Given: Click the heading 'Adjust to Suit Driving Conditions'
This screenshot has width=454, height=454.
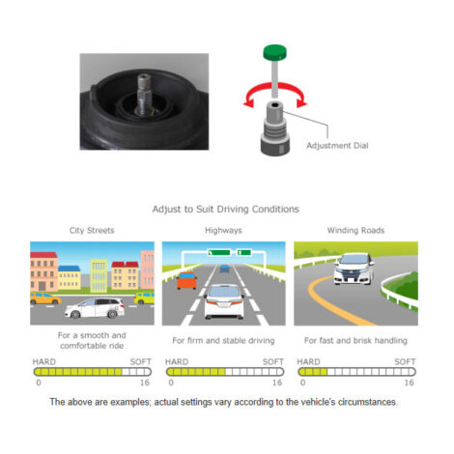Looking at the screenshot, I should point(226,209).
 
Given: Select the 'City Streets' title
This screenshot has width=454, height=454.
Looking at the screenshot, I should point(92,230).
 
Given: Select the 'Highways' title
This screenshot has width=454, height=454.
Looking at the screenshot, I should point(224,230).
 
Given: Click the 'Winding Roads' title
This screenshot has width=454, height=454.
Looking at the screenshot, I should point(355,230).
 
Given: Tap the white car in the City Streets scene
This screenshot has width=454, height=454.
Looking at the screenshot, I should point(94,308).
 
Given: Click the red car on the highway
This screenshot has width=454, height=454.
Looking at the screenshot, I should point(186,281).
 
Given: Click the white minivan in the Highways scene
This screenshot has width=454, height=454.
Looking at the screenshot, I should point(224,299).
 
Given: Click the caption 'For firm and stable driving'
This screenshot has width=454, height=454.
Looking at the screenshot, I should point(223,340).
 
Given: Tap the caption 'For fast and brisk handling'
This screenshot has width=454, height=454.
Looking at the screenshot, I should point(355,340).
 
